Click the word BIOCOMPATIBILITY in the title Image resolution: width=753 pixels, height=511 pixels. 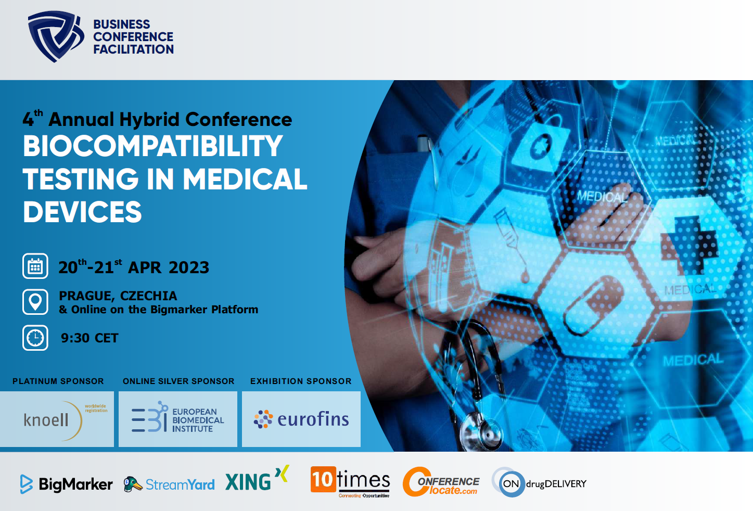tap(152, 146)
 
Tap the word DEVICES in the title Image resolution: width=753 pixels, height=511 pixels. tap(82, 212)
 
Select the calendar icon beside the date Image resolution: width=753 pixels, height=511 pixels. tap(35, 266)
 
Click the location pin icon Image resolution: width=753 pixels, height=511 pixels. tap(35, 302)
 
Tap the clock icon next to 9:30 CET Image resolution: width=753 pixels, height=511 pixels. tap(35, 338)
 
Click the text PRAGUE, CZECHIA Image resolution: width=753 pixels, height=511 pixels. tap(118, 296)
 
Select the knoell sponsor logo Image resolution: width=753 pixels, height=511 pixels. tap(57, 419)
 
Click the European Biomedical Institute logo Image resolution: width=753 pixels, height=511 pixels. tap(178, 419)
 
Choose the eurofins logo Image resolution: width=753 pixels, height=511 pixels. tap(301, 419)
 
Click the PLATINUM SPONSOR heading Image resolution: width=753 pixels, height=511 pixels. tap(58, 381)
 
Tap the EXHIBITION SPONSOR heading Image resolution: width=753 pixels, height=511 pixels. tap(301, 381)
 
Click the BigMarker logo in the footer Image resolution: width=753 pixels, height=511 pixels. tap(66, 484)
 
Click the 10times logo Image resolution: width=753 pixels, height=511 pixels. tap(350, 481)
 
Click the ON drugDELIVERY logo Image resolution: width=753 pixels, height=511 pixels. tap(539, 483)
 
